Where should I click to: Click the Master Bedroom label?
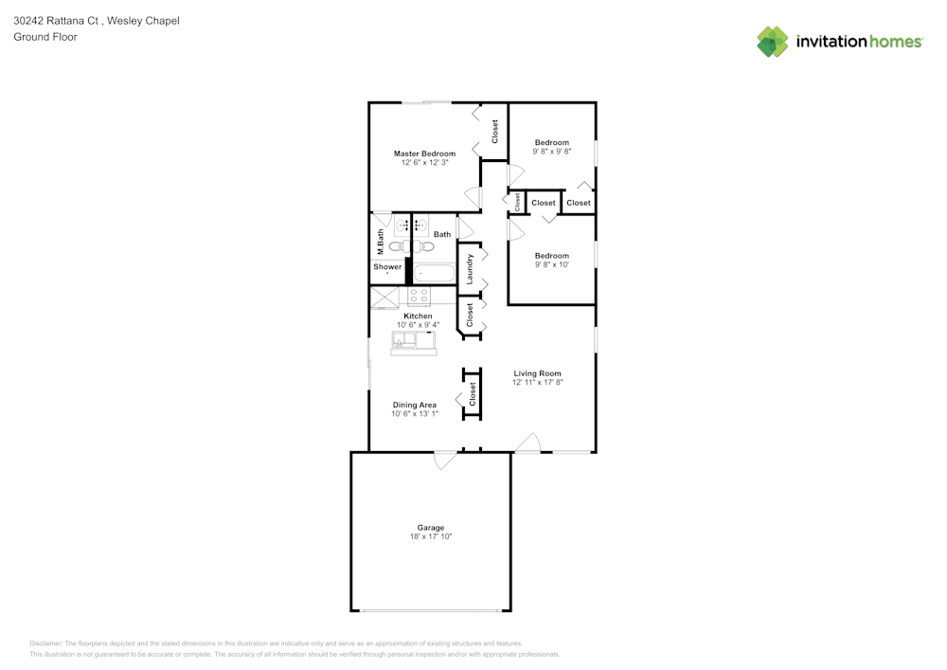424,154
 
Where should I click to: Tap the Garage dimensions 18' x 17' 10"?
431,537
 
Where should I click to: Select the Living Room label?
537,373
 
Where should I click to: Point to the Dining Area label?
415,405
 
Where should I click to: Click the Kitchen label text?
418,316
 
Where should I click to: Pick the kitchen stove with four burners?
419,296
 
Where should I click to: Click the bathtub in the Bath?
434,274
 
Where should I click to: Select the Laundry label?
470,269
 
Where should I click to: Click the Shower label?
387,267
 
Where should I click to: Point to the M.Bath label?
380,243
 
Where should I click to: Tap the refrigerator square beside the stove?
385,297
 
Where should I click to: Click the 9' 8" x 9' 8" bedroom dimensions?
552,152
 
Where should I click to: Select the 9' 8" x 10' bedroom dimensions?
552,265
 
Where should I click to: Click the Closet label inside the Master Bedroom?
494,131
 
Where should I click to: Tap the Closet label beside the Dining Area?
473,395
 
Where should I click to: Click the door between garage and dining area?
443,460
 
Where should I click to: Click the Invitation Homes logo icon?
773,42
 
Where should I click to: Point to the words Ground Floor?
45,37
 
